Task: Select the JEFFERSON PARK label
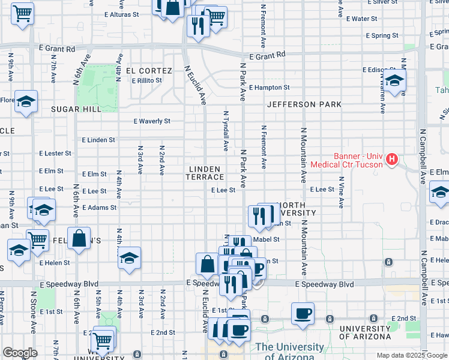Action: [304, 104]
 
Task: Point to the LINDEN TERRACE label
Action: [205, 173]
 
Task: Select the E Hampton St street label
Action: [269, 87]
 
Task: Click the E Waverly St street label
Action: [152, 121]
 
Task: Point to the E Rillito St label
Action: [147, 80]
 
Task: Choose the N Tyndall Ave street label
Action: [226, 130]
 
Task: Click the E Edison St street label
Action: [379, 70]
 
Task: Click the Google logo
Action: [20, 353]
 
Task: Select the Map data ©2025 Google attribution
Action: [411, 355]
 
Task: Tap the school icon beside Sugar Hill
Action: [26, 103]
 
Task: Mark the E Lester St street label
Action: [55, 154]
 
